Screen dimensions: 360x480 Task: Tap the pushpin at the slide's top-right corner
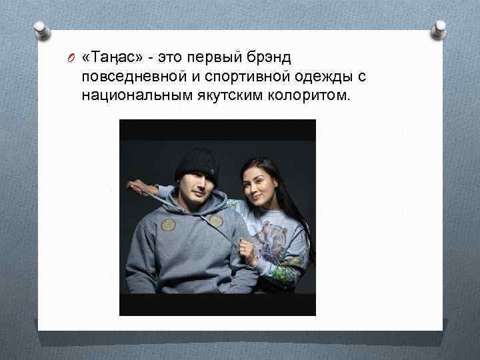coord(439,27)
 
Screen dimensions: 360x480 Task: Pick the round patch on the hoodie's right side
coord(216,221)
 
